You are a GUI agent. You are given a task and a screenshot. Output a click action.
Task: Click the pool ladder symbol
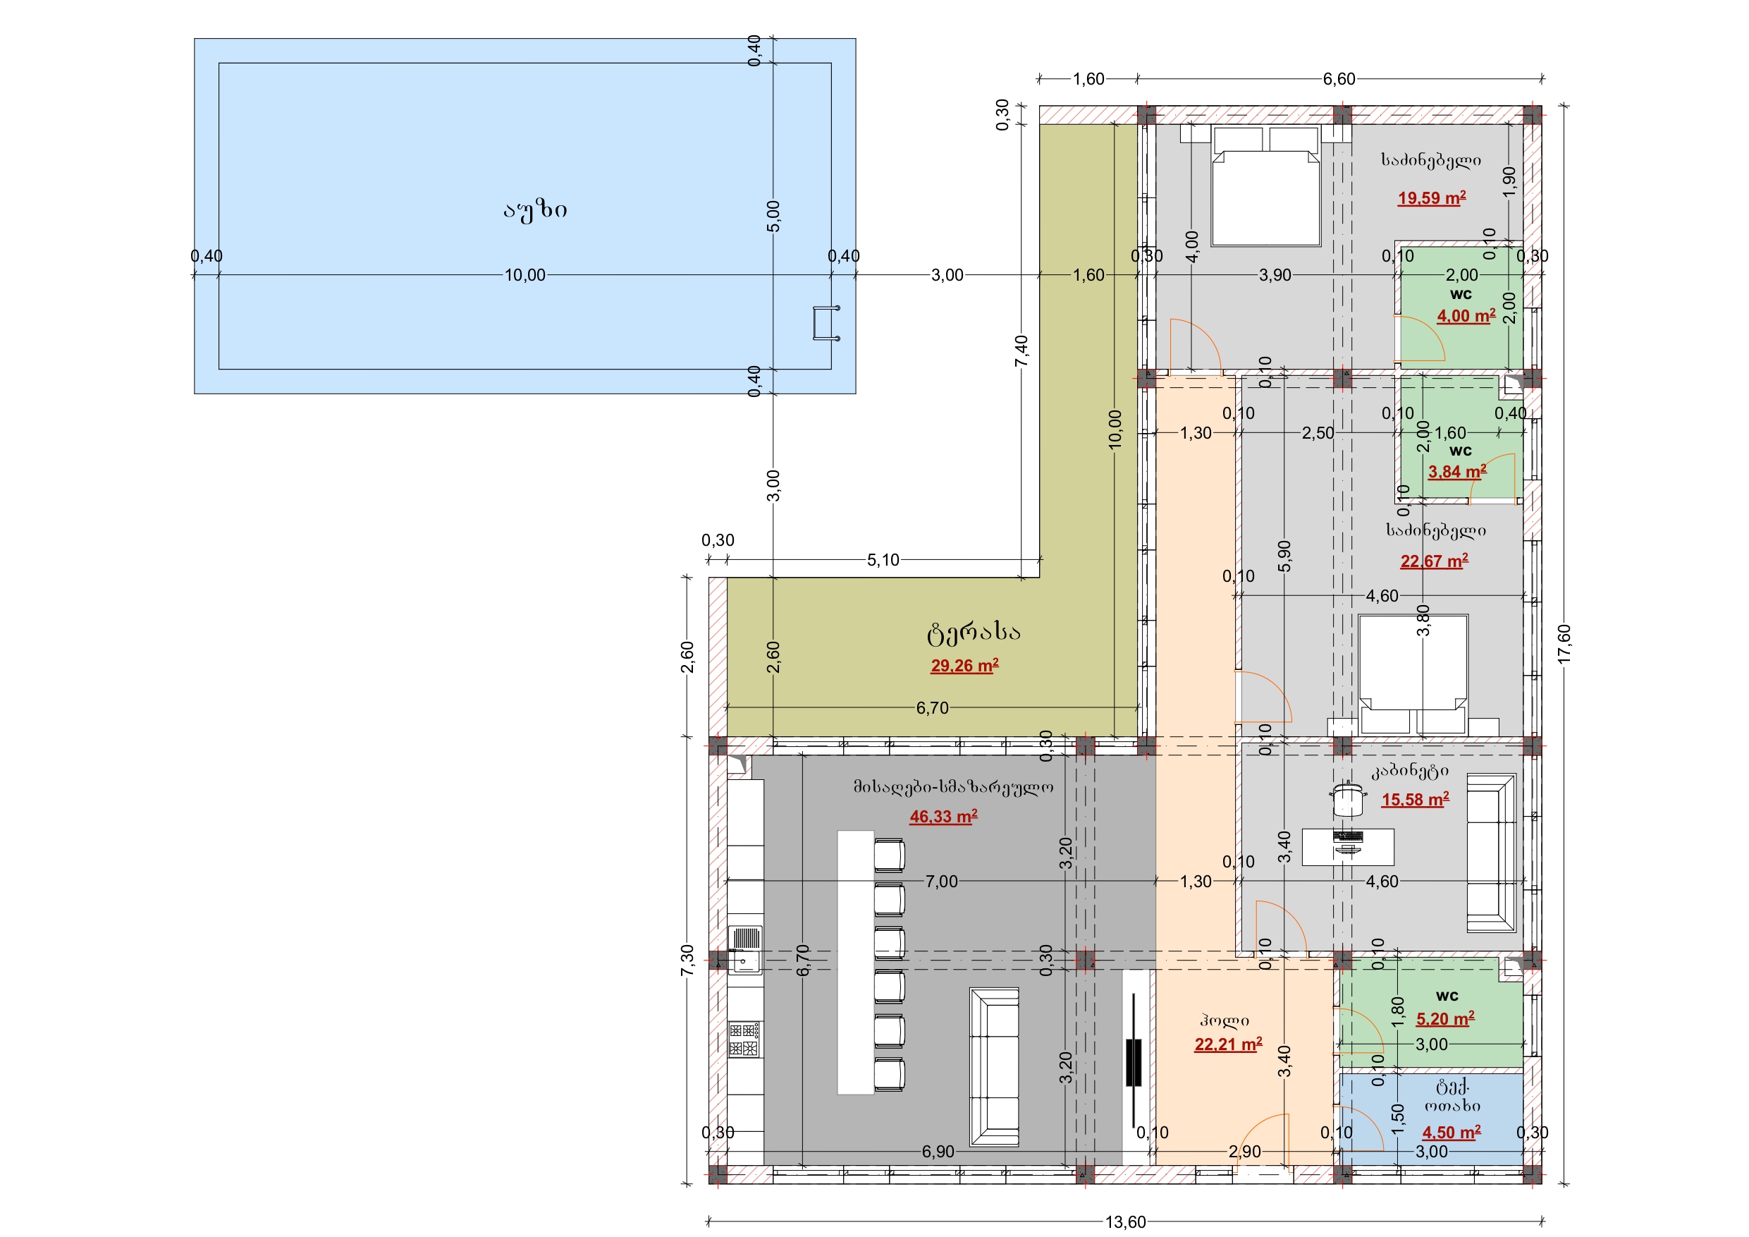(x=826, y=323)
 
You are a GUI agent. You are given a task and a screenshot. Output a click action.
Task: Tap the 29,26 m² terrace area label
(x=964, y=665)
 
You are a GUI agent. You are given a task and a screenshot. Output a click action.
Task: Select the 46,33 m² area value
(x=943, y=816)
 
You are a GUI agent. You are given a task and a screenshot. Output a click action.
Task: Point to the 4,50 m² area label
(x=1451, y=1132)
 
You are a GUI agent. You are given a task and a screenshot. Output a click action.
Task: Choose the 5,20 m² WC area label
(x=1445, y=1018)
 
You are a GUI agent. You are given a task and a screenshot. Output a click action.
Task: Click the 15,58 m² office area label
(x=1416, y=800)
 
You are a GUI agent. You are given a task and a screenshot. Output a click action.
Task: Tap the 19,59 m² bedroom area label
(x=1431, y=198)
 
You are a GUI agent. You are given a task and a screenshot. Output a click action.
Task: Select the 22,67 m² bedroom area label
(x=1434, y=561)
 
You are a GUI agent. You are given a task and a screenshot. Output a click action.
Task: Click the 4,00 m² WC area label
(x=1466, y=315)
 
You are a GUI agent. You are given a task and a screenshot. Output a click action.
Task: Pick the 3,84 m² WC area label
(x=1456, y=472)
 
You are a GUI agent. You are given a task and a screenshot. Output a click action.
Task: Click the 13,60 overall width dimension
(x=1125, y=1221)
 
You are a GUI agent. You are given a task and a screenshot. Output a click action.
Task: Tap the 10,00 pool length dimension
(x=525, y=275)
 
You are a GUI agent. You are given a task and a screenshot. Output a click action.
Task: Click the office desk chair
(x=1348, y=798)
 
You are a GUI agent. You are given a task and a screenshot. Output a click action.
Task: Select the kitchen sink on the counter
(x=746, y=950)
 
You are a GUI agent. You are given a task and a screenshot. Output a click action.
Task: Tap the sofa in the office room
(x=1492, y=853)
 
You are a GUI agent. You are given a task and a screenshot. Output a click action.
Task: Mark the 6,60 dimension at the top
(x=1339, y=78)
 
